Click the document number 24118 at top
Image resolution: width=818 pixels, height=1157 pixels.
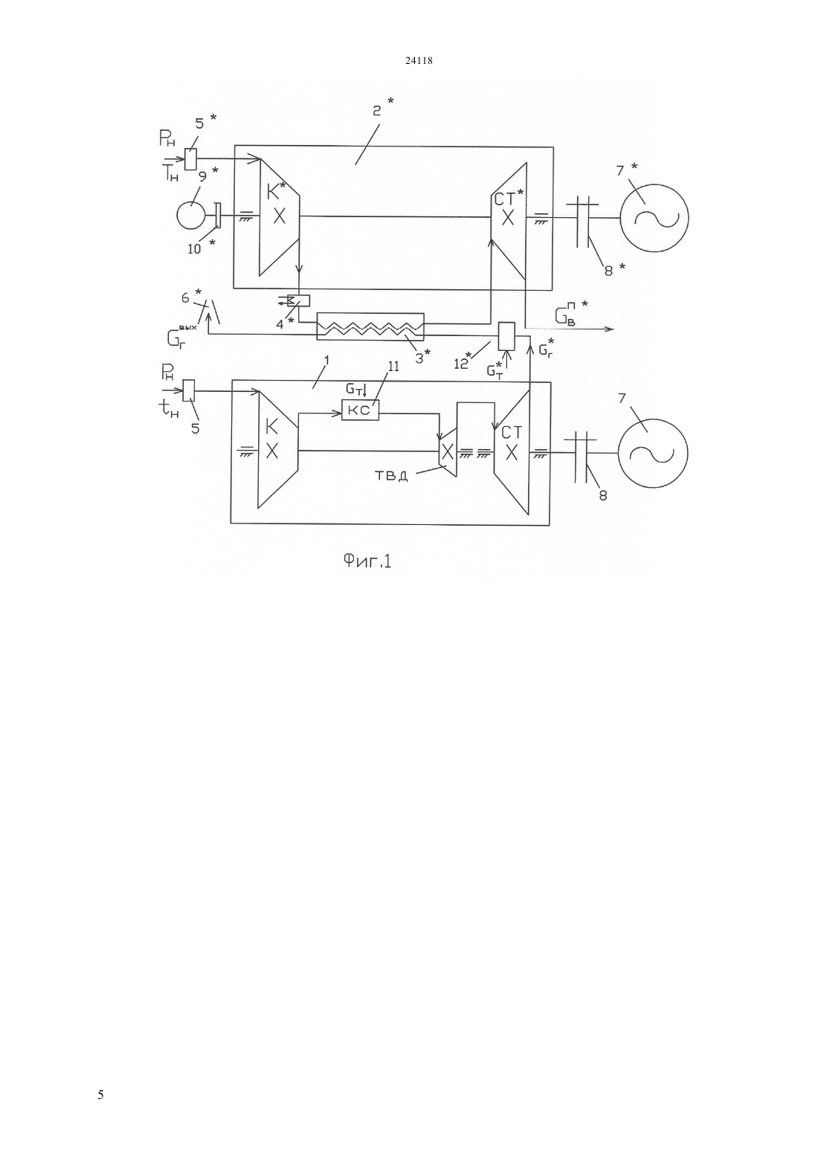(x=418, y=60)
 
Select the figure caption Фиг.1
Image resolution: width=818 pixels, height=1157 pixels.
(x=367, y=561)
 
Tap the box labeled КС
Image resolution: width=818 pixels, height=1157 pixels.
(x=361, y=410)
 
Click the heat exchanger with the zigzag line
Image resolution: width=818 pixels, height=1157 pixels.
(x=370, y=326)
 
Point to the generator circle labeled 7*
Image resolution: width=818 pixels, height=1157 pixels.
(x=654, y=218)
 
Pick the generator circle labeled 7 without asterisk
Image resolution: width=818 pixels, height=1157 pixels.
(x=653, y=453)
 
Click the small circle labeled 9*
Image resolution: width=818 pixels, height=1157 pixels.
(x=191, y=215)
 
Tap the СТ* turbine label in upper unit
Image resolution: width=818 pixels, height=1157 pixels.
(x=509, y=198)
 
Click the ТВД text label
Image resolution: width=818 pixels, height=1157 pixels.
(x=390, y=475)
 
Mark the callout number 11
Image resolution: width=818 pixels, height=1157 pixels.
(x=393, y=367)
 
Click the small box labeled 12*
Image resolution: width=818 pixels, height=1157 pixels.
(x=506, y=336)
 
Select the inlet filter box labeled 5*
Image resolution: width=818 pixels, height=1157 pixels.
(x=190, y=159)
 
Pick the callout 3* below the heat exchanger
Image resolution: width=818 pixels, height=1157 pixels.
(x=423, y=356)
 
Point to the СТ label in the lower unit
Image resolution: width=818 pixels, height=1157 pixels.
(x=512, y=432)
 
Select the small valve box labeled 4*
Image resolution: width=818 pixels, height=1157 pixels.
(x=298, y=300)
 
